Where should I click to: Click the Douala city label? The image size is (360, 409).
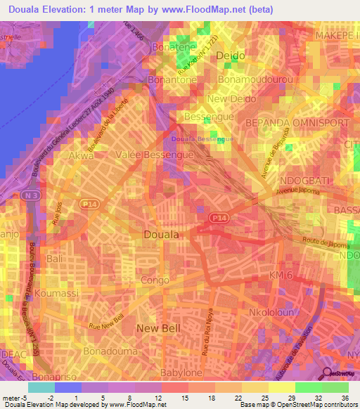[161, 234]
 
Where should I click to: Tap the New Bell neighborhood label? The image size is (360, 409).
[157, 328]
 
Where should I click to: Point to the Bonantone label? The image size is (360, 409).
[172, 80]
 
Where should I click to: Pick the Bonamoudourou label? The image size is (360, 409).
[256, 80]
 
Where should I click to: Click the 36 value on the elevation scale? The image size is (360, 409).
[335, 399]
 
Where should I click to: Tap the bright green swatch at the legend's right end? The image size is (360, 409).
[335, 387]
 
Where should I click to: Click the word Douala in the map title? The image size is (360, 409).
[27, 8]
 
